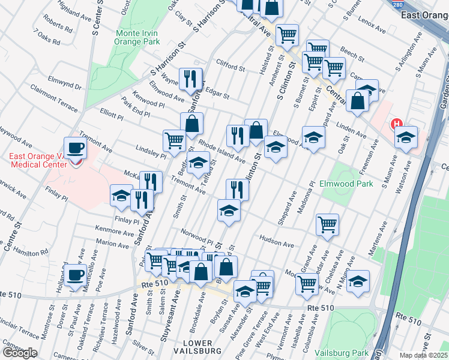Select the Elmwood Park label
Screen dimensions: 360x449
pyautogui.click(x=346, y=184)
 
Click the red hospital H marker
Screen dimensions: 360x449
pyautogui.click(x=396, y=125)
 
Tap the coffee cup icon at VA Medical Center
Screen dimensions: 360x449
pyautogui.click(x=75, y=147)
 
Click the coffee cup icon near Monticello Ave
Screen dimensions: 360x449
pyautogui.click(x=75, y=275)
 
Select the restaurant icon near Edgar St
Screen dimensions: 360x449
pyautogui.click(x=191, y=80)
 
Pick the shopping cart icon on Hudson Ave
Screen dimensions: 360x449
pyautogui.click(x=327, y=224)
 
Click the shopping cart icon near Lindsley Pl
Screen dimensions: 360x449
pyautogui.click(x=174, y=140)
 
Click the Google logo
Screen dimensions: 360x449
pyautogui.click(x=19, y=353)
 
